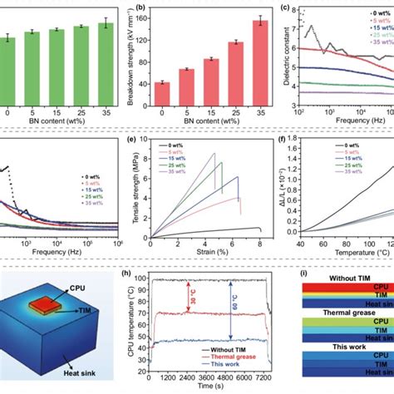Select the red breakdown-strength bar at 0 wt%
click(162, 93)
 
